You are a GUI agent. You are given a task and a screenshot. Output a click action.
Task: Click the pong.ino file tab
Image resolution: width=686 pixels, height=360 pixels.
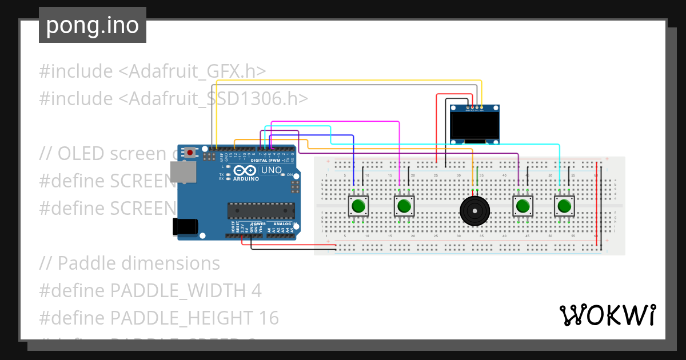92,25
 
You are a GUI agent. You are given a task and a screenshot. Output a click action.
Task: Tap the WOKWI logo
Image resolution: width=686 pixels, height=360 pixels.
607,315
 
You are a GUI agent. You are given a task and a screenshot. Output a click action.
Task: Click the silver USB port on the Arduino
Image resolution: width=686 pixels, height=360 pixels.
183,172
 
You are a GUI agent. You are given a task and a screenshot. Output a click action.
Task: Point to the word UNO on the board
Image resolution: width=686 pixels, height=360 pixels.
271,170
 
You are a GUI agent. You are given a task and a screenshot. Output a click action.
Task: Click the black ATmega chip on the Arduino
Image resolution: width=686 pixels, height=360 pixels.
261,211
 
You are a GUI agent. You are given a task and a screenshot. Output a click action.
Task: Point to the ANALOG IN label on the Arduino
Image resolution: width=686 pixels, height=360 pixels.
282,223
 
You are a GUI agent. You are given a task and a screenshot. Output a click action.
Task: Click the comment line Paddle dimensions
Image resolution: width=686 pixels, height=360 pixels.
130,263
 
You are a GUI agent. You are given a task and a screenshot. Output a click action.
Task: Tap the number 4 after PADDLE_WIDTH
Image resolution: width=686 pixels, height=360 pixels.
256,290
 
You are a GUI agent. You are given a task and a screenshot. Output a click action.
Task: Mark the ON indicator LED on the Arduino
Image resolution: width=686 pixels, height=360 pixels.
282,175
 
